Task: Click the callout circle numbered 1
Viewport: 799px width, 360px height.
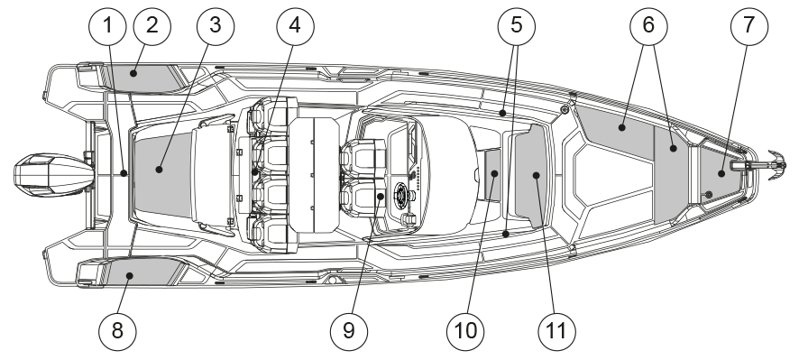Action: pos(107,26)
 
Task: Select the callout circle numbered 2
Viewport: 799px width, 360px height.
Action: pos(152,26)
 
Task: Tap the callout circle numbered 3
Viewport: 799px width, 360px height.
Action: pos(215,26)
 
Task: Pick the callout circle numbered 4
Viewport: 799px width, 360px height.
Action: pos(295,26)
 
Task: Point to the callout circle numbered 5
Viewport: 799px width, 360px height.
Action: pos(516,26)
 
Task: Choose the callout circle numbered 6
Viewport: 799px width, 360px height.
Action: pos(648,26)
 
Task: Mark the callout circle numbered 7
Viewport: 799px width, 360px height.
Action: pos(748,26)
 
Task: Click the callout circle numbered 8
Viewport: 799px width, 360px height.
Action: pos(117,331)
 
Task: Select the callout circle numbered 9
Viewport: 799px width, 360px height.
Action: pos(348,331)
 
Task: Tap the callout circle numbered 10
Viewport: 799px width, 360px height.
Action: pos(465,331)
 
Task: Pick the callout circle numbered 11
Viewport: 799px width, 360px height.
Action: pos(556,331)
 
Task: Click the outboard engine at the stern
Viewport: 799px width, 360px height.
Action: pos(53,175)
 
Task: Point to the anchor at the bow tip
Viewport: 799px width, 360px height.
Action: pos(776,165)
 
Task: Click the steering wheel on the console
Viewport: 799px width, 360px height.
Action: pos(402,195)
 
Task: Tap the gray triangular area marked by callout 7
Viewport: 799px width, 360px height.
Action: pos(719,174)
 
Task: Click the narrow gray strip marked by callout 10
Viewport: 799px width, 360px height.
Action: pos(492,175)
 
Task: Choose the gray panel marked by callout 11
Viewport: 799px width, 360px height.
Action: pos(531,175)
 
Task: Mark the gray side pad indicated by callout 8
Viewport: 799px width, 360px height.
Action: pos(140,271)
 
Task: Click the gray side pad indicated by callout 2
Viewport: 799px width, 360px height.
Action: pos(140,78)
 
